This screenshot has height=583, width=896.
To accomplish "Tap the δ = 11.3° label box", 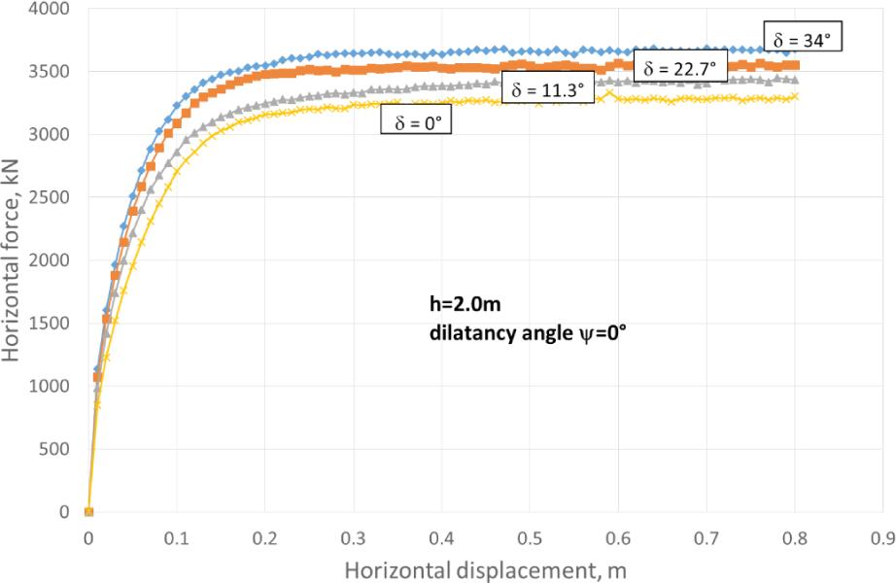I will [548, 89].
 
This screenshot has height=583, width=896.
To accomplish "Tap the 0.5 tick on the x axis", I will [529, 534].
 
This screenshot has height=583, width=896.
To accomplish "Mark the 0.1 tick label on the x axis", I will [176, 534].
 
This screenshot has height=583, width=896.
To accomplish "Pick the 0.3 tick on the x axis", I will [353, 534].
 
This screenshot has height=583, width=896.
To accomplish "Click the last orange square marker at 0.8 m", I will [794, 65].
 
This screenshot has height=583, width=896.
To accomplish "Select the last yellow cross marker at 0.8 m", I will [794, 95].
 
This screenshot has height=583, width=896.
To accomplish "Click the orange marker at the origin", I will [88, 512].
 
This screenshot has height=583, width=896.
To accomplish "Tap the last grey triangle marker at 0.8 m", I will [794, 80].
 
